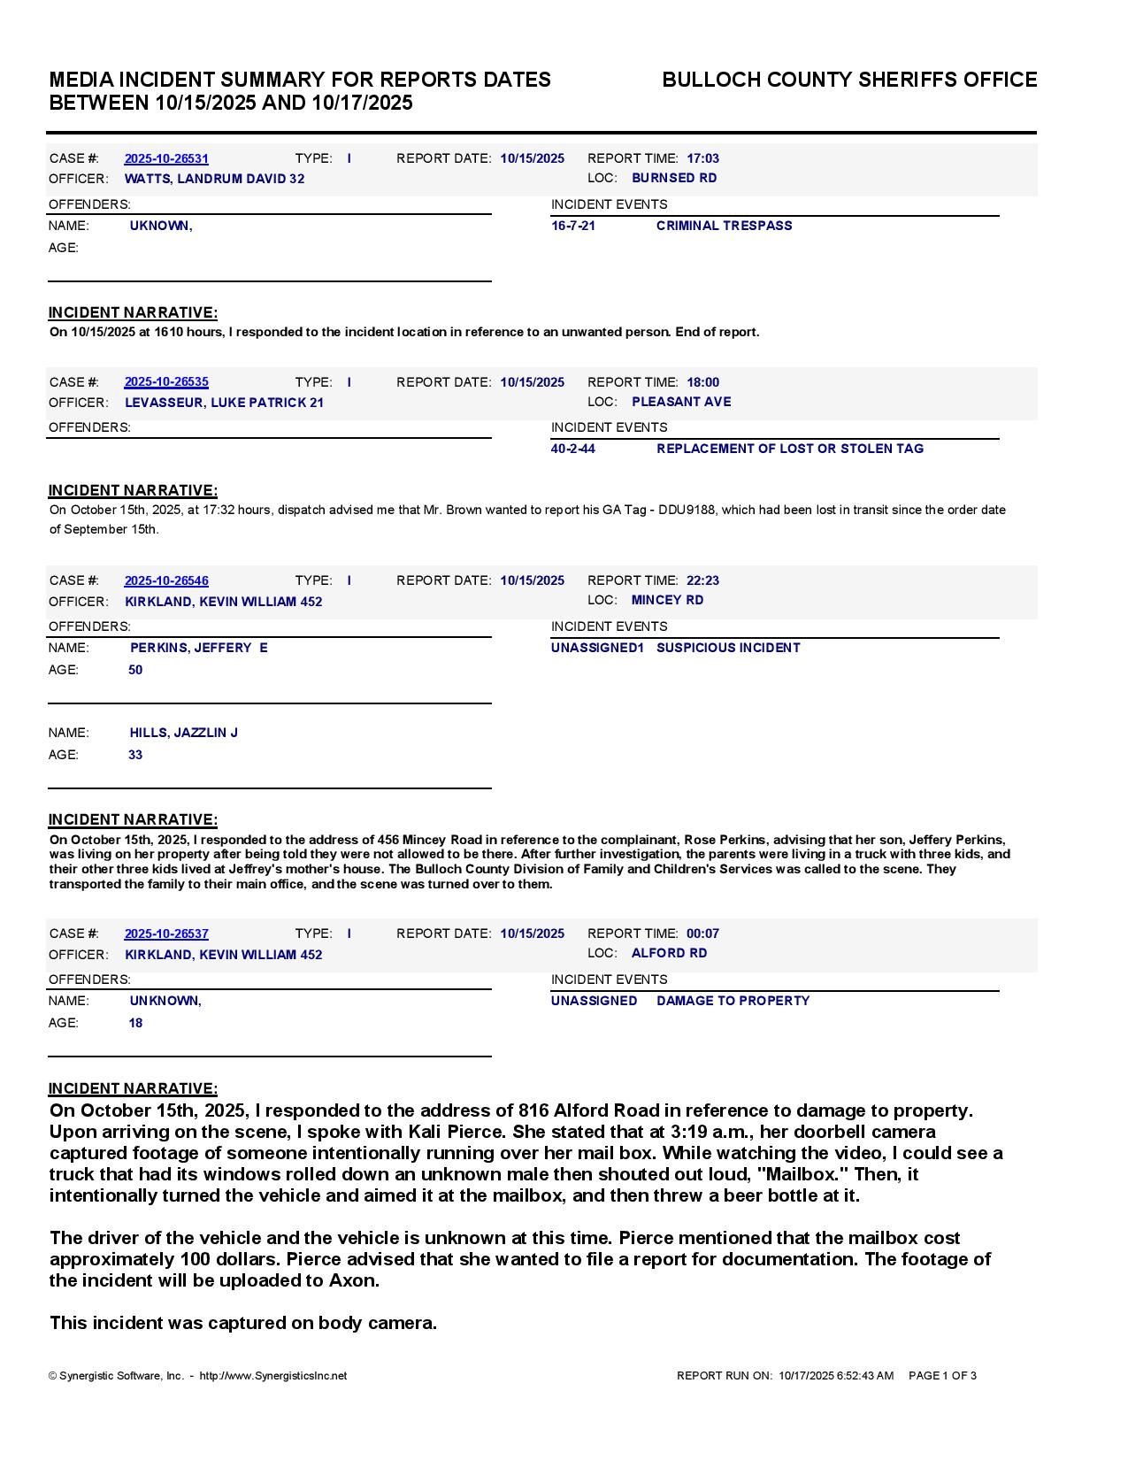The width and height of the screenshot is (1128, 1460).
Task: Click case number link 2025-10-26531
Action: point(166,158)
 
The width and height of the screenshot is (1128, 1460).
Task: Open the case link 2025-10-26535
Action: point(166,382)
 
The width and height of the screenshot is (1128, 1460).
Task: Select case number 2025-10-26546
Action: point(166,580)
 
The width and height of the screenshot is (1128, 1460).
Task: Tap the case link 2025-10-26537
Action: point(166,934)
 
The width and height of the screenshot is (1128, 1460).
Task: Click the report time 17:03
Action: point(702,158)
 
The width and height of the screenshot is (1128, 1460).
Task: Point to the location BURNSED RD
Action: point(674,178)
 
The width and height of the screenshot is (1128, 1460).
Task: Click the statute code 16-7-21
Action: point(573,226)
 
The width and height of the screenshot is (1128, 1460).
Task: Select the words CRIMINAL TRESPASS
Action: point(724,226)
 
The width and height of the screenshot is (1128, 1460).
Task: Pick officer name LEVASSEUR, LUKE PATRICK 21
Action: point(224,403)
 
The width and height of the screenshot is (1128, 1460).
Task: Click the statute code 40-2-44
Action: point(573,449)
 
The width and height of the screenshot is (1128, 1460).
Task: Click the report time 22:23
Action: point(702,580)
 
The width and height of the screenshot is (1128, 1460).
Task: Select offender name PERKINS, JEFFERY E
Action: point(199,648)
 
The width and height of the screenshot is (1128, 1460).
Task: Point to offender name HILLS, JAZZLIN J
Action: point(184,733)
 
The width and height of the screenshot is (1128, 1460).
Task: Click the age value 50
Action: point(135,670)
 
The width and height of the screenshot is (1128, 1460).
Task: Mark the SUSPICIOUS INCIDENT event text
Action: point(728,648)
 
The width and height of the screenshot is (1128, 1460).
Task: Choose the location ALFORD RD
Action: point(669,953)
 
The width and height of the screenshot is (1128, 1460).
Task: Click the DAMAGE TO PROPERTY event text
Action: point(733,1001)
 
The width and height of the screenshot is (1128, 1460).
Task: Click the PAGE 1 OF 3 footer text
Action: point(942,1376)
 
